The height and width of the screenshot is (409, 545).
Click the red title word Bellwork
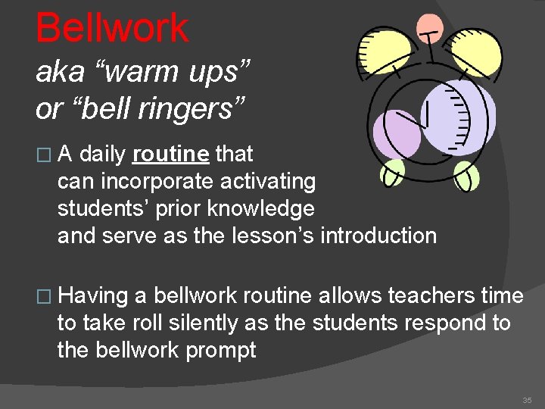pos(112,28)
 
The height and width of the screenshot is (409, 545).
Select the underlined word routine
pos(170,155)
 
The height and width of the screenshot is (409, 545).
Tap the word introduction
pos(378,236)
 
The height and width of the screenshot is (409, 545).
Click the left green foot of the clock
pos(393,173)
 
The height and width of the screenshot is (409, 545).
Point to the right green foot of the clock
pos(466,177)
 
